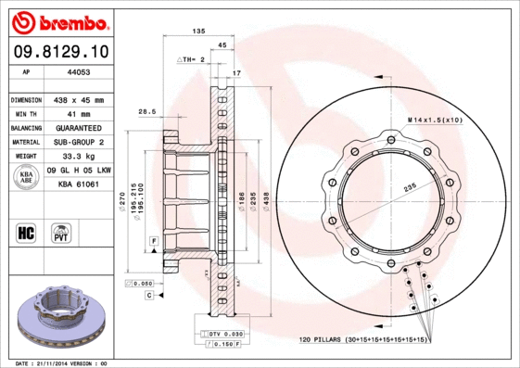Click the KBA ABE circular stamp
pos(27,176)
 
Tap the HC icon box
pos(27,231)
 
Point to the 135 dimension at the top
pos(197,32)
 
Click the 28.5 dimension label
pos(146,111)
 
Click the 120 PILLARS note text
pos(361,341)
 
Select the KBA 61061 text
pos(80,184)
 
